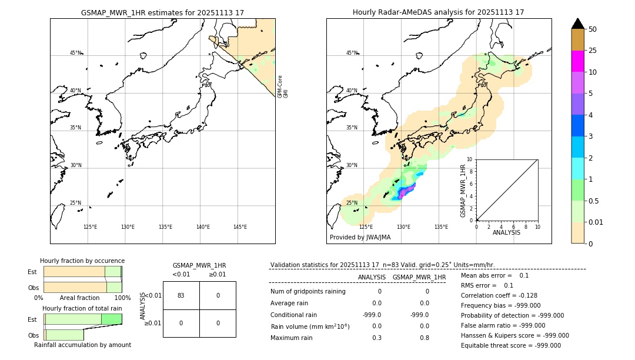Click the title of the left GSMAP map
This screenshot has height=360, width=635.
162,12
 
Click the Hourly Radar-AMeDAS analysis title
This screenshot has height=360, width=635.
439,12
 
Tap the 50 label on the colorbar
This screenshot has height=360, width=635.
593,29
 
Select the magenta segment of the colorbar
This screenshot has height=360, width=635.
577,61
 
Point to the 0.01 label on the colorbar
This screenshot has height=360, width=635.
596,222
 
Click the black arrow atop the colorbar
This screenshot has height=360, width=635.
577,24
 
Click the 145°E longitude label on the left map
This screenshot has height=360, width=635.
240,227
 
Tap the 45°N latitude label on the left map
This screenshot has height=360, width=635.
75,53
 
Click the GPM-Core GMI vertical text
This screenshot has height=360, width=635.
282,86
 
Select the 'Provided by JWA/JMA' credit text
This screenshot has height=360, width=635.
360,237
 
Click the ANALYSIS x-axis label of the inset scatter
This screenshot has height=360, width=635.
506,232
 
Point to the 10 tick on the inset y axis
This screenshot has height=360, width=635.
469,159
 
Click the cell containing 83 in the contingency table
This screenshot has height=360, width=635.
181,295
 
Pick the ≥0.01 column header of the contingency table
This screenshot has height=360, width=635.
218,274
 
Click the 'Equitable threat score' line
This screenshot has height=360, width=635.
510,345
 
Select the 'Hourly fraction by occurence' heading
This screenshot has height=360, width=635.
82,261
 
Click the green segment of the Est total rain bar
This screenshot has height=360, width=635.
111,319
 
